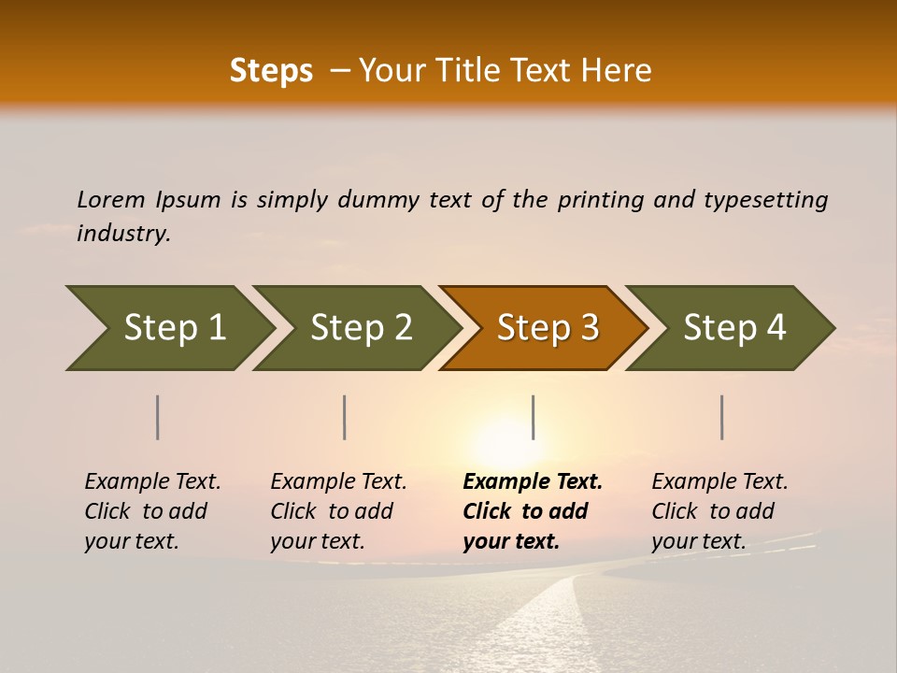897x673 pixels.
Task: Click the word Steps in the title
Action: tap(271, 71)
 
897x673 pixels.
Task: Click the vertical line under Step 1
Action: tap(158, 417)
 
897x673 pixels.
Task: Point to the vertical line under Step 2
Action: tap(345, 417)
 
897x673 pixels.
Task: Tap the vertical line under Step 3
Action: tap(534, 417)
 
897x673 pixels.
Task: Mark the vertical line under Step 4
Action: tap(722, 417)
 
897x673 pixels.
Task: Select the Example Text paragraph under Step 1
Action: tap(152, 511)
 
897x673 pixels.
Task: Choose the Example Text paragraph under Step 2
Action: tap(338, 511)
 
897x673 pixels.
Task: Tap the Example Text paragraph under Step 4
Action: tap(719, 511)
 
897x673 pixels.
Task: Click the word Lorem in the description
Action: tap(111, 200)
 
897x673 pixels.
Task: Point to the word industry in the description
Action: tap(123, 234)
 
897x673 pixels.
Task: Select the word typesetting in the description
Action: tap(765, 200)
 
